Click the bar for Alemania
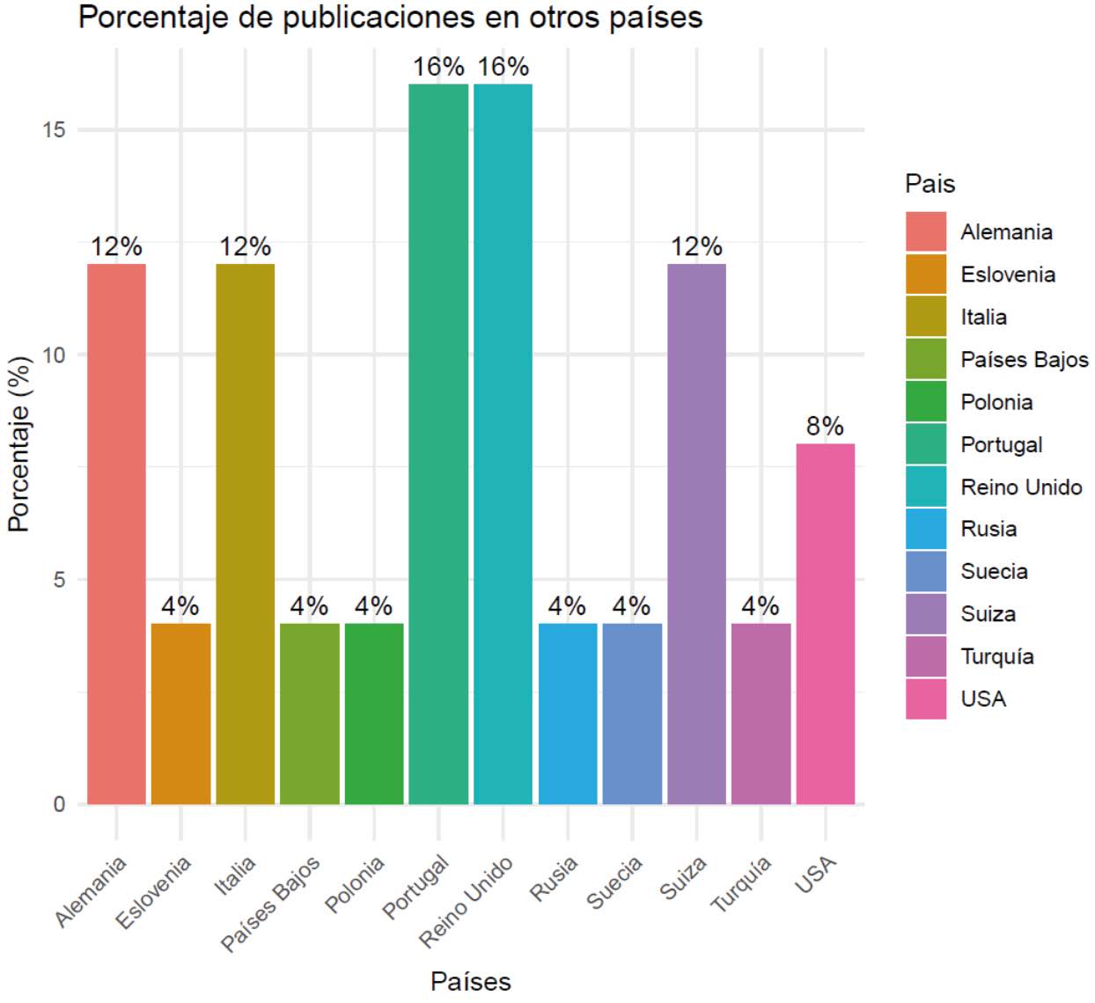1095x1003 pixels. coord(116,533)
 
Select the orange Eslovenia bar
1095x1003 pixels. coord(180,714)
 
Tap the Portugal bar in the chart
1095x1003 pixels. coord(438,443)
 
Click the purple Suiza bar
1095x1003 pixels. coord(696,533)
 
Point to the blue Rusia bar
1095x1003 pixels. coord(568,714)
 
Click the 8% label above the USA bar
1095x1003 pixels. coord(825,427)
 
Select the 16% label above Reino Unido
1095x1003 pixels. coord(503,67)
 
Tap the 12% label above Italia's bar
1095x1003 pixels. coord(245,246)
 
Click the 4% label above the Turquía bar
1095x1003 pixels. coord(760,606)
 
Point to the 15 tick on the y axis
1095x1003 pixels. coord(54,130)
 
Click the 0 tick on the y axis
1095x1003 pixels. coord(60,804)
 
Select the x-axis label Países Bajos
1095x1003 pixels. coord(271,903)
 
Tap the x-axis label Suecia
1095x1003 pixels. coord(615,882)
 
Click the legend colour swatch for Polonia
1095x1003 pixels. coord(926,402)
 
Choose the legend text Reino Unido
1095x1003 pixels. coord(1021,487)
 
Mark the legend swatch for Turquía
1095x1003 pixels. coord(926,656)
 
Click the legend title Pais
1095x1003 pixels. coord(930,184)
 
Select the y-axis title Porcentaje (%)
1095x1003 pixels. coord(19,443)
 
